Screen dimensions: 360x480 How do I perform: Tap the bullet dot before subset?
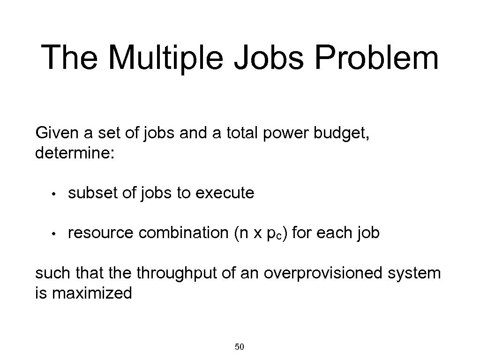point(54,194)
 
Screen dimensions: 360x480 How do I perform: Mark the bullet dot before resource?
point(54,233)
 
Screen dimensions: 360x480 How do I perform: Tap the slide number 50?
point(239,347)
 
